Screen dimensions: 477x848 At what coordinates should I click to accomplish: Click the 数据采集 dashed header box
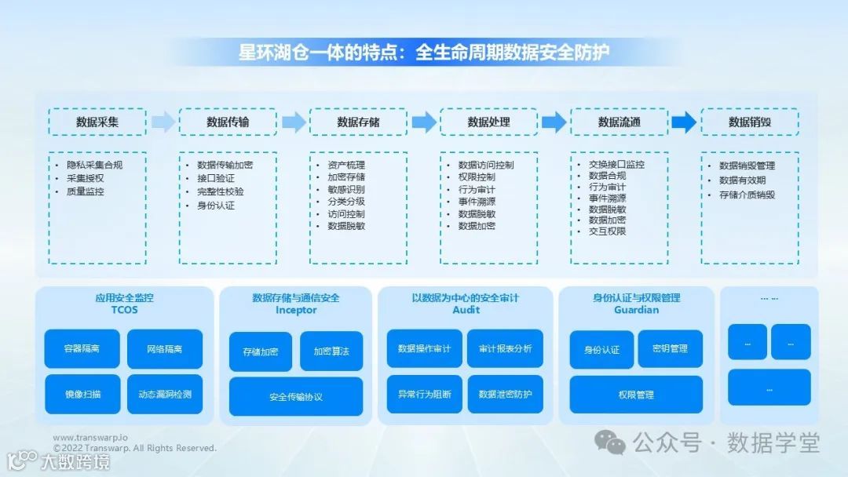[97, 122]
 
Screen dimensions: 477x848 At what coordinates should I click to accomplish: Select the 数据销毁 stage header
[749, 122]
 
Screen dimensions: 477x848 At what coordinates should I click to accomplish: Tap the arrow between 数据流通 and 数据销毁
[684, 122]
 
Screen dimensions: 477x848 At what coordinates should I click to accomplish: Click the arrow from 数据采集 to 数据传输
[163, 122]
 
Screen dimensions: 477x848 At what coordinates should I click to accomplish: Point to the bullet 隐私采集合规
[94, 165]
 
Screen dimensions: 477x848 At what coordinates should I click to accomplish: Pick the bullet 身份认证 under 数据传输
[215, 206]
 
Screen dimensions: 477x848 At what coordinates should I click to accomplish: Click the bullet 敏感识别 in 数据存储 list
[345, 189]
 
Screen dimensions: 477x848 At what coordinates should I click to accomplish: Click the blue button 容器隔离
[82, 348]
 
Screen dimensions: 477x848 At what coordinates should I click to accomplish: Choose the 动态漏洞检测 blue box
[164, 394]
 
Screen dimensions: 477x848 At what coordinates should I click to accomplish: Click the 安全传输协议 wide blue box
[295, 396]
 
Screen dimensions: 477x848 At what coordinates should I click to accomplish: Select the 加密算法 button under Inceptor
[331, 351]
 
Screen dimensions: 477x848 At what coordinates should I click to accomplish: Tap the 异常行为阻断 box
[424, 394]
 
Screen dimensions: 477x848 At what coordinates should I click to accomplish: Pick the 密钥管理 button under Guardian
[670, 348]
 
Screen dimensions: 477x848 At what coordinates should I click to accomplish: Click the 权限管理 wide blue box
[635, 395]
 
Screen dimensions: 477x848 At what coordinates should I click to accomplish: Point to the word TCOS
[124, 310]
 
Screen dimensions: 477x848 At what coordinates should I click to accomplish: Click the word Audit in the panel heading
[466, 310]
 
